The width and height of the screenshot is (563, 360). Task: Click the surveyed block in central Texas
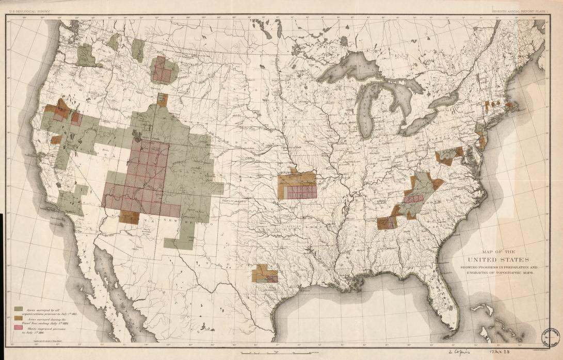pyautogui.click(x=265, y=273)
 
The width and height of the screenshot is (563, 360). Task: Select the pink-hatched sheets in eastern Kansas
pyautogui.click(x=301, y=192)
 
